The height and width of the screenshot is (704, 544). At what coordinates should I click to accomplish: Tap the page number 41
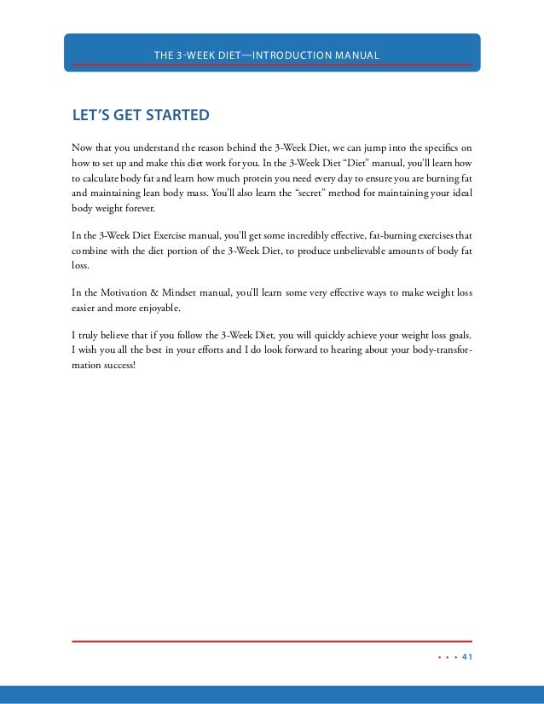pyautogui.click(x=466, y=657)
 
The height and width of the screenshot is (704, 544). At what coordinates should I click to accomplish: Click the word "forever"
pyautogui.click(x=139, y=209)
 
